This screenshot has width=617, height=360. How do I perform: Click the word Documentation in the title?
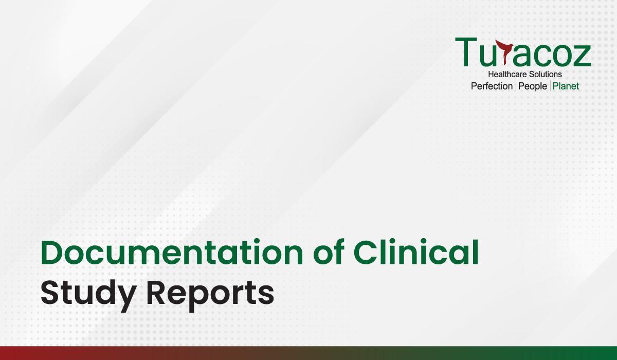(x=172, y=253)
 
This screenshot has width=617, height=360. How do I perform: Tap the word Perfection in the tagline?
(x=492, y=86)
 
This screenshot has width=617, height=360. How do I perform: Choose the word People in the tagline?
(x=533, y=86)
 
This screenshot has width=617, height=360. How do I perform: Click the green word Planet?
(x=566, y=86)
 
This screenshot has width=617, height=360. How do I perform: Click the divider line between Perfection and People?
(x=515, y=86)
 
